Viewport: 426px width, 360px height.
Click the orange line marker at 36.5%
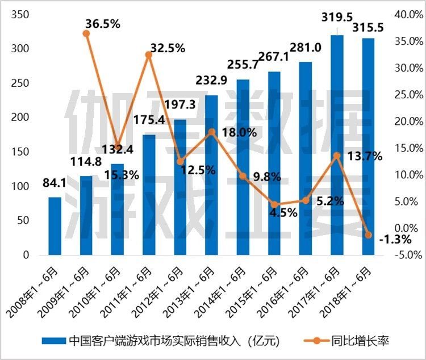tap(86, 34)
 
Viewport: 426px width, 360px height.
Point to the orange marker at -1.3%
tap(368, 235)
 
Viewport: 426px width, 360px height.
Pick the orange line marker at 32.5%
tap(149, 55)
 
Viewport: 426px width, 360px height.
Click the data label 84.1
tap(55, 183)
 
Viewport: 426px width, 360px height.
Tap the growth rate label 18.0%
tap(240, 132)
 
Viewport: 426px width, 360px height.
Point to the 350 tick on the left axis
tap(19, 14)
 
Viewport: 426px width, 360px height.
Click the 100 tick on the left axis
tap(19, 186)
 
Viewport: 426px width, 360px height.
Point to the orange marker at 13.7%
tap(337, 155)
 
